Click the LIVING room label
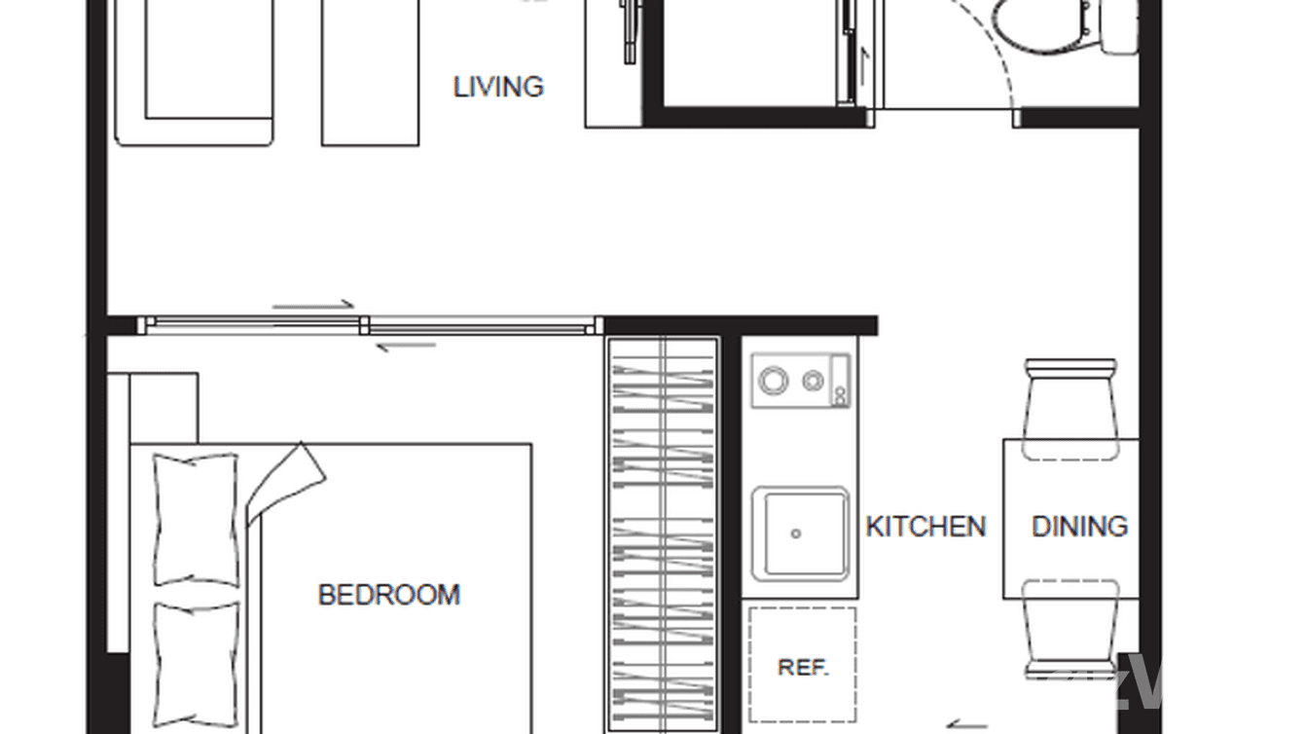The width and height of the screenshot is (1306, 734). pyautogui.click(x=498, y=87)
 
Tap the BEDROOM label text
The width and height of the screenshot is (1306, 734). pyautogui.click(x=388, y=594)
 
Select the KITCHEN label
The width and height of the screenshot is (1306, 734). pyautogui.click(x=925, y=527)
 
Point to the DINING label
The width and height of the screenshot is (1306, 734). pyautogui.click(x=1079, y=527)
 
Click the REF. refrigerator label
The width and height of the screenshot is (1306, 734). pyautogui.click(x=803, y=668)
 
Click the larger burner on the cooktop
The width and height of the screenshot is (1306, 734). pyautogui.click(x=774, y=381)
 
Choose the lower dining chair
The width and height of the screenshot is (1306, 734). pyautogui.click(x=1070, y=628)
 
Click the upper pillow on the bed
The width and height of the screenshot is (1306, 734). pyautogui.click(x=197, y=519)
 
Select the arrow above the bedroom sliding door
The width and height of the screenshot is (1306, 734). pyautogui.click(x=313, y=305)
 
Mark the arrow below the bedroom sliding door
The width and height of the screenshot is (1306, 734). pyautogui.click(x=405, y=346)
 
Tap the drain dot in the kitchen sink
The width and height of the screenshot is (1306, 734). pyautogui.click(x=796, y=533)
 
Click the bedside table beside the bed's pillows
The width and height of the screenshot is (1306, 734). pyautogui.click(x=163, y=407)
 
